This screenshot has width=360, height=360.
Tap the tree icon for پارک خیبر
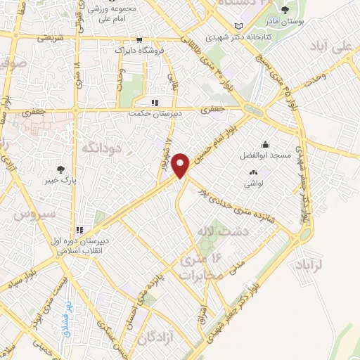61,169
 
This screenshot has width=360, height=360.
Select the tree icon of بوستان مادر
285,10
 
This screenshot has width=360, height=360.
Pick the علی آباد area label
333,47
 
